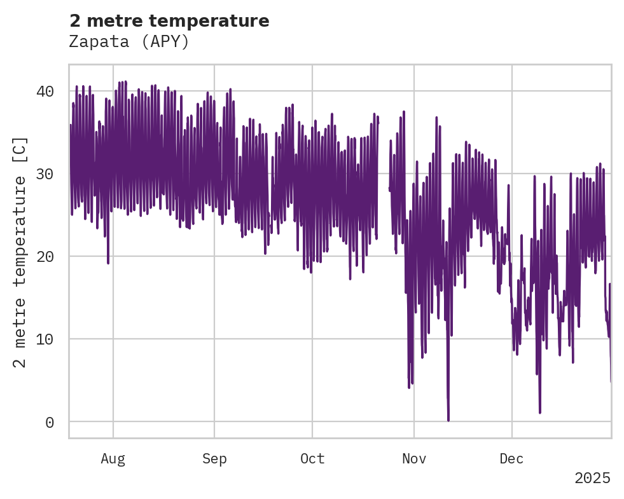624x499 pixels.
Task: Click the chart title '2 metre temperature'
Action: point(169,21)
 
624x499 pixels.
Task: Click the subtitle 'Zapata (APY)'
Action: point(129,42)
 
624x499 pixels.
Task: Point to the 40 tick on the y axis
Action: point(44,91)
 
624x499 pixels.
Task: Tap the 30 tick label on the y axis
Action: point(44,174)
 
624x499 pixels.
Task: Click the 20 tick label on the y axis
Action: point(44,256)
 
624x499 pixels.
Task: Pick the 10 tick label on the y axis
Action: point(44,339)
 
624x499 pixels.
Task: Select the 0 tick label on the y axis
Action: point(49,422)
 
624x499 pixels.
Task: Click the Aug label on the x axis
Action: point(113,459)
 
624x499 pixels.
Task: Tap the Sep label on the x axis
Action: point(214,459)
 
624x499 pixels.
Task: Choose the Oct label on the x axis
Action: point(312,459)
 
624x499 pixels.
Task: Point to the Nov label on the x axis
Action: point(414,459)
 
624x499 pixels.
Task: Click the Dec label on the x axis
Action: point(512,459)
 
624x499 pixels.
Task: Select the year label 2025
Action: point(592,478)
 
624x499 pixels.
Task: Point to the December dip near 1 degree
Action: point(540,412)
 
